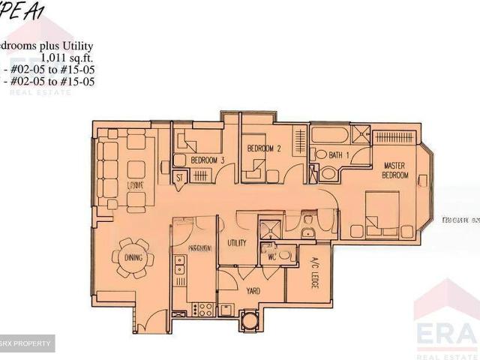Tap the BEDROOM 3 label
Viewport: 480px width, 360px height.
[x=208, y=160]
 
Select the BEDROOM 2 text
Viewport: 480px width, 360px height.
[x=264, y=148]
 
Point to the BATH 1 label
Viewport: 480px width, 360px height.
[x=340, y=154]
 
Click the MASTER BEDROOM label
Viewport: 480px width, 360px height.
[x=395, y=169]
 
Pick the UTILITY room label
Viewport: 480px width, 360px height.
[x=237, y=243]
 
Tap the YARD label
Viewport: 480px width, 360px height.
[x=253, y=289]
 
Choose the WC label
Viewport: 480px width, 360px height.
[x=273, y=256]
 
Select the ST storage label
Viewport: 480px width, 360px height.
[x=180, y=177]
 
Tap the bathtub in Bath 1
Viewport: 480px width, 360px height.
[x=331, y=136]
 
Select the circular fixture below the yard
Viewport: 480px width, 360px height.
[x=248, y=322]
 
